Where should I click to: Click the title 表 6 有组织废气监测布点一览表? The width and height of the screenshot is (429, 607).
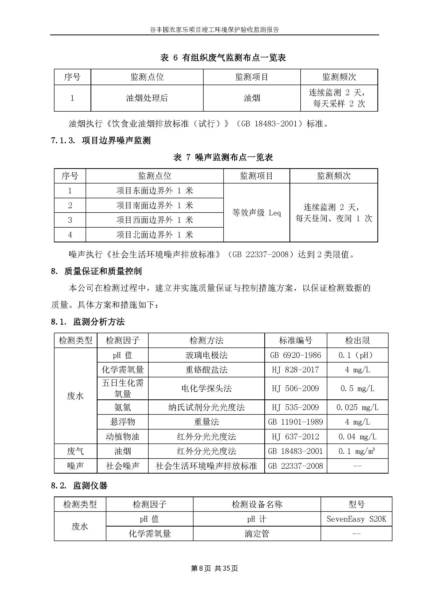pyautogui.click(x=223, y=58)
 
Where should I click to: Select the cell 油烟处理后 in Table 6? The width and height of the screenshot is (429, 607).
pyautogui.click(x=147, y=98)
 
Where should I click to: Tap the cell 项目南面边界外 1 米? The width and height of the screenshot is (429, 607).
pyautogui.click(x=155, y=206)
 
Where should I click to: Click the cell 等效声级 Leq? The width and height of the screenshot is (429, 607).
pyautogui.click(x=256, y=213)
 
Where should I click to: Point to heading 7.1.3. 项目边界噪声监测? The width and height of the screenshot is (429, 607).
pyautogui.click(x=101, y=140)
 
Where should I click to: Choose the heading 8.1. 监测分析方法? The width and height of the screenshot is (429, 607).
pyautogui.click(x=88, y=322)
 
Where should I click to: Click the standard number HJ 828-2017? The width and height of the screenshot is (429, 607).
pyautogui.click(x=295, y=370)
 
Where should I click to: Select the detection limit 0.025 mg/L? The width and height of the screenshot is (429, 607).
pyautogui.click(x=357, y=407)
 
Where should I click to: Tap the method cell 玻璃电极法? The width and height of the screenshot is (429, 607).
pyautogui.click(x=206, y=355)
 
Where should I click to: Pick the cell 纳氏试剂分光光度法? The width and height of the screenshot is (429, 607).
pyautogui.click(x=206, y=407)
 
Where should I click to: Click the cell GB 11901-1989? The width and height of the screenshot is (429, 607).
pyautogui.click(x=295, y=422)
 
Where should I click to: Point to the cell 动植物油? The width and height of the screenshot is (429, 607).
pyautogui.click(x=122, y=437)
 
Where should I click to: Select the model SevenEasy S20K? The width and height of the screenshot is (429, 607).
pyautogui.click(x=356, y=519)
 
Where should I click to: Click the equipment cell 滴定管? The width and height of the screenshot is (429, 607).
pyautogui.click(x=257, y=534)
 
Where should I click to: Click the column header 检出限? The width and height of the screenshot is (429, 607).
pyautogui.click(x=357, y=340)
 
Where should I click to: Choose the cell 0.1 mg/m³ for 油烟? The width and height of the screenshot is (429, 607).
pyautogui.click(x=357, y=451)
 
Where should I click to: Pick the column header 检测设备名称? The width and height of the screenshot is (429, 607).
pyautogui.click(x=257, y=504)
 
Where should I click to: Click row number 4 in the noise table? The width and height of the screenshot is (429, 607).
pyautogui.click(x=70, y=235)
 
